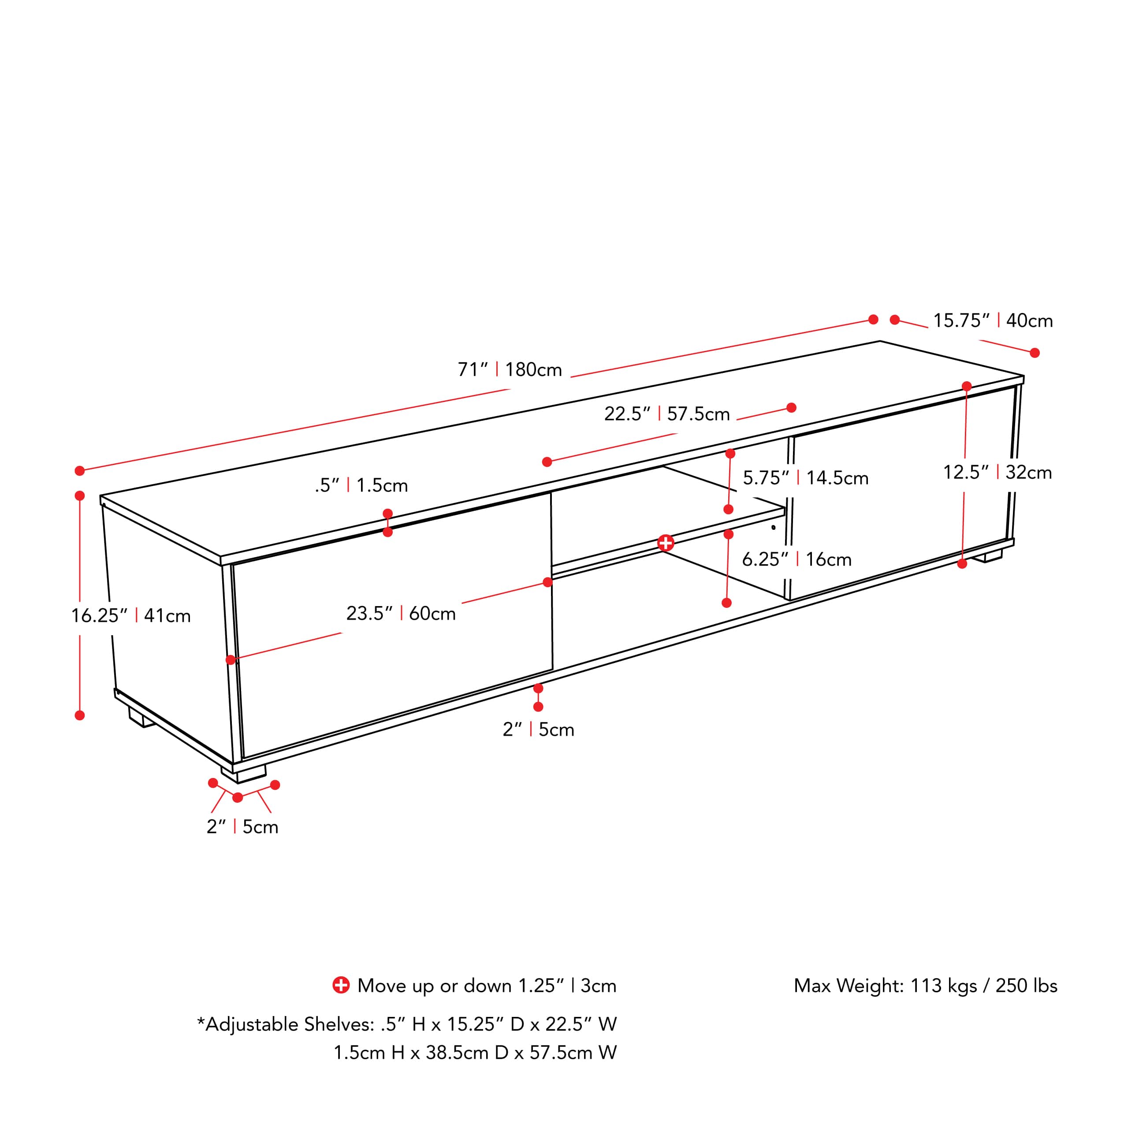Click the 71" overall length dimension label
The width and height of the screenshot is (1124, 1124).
pyautogui.click(x=510, y=370)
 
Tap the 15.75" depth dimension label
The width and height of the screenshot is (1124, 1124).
pyautogui.click(x=993, y=320)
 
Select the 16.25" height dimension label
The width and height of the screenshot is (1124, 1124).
pyautogui.click(x=131, y=615)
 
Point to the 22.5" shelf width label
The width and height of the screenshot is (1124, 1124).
pyautogui.click(x=667, y=413)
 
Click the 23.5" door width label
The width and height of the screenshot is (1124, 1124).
pyautogui.click(x=401, y=613)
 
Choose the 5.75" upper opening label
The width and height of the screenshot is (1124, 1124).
pyautogui.click(x=805, y=478)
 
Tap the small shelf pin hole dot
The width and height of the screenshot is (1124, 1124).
pyautogui.click(x=773, y=528)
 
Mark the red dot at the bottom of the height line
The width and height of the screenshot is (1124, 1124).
pyautogui.click(x=80, y=715)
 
